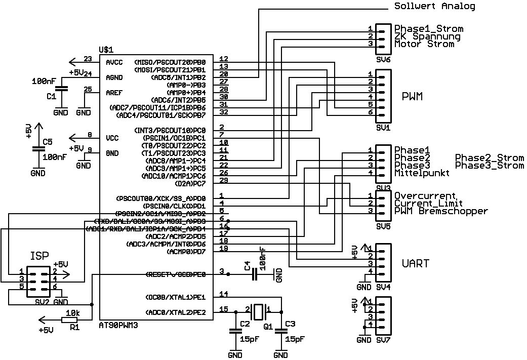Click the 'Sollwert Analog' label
(434, 7)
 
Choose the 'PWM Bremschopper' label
(441, 211)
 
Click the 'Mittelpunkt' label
(422, 174)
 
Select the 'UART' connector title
(415, 264)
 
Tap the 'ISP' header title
(39, 255)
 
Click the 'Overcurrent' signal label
(425, 196)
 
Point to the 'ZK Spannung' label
(427, 36)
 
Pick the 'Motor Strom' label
(424, 44)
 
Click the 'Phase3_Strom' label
(489, 166)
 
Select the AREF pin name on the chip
(114, 93)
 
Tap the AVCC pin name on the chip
(114, 63)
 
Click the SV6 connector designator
(383, 60)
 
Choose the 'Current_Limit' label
(428, 204)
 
